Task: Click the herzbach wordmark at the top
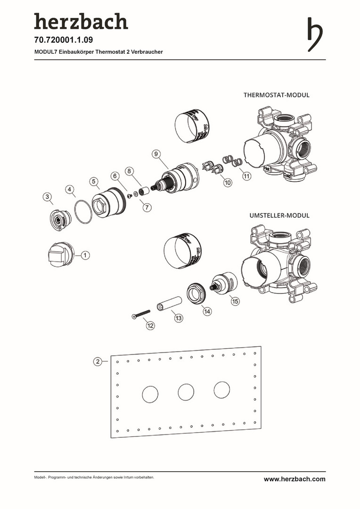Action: [81, 22]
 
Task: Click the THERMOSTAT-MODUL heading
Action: [276, 95]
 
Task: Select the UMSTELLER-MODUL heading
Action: [279, 215]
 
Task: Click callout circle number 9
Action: [157, 154]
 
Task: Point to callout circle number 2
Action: [98, 361]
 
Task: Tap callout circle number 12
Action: [150, 325]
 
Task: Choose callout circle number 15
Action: [235, 300]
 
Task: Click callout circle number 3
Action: [47, 197]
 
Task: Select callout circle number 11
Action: [246, 176]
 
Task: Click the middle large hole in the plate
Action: [186, 391]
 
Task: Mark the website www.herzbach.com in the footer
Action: [295, 479]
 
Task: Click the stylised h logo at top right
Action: [315, 34]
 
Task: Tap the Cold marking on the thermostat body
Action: [287, 175]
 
